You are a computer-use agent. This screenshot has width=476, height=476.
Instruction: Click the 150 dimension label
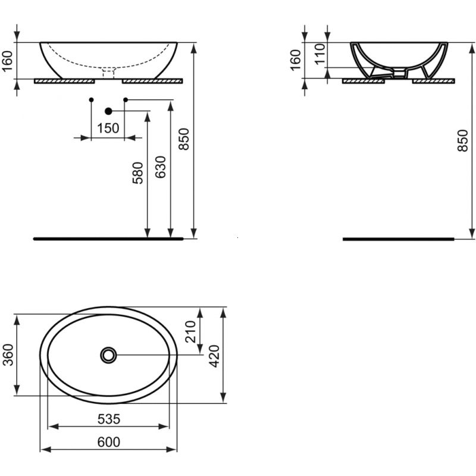point(108,128)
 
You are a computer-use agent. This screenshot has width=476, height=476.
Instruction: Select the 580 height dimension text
point(138,173)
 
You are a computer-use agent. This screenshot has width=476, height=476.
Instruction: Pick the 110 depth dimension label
point(319,54)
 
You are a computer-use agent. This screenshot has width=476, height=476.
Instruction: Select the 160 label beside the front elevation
point(8,59)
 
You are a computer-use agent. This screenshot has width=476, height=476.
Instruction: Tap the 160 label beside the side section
point(295,59)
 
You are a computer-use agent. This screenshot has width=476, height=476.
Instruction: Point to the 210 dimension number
point(192,331)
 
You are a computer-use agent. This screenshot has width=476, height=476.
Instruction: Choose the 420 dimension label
point(215,355)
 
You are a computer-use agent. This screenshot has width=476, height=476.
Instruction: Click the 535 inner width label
point(108,419)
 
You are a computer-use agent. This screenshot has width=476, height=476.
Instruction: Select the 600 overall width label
point(108,441)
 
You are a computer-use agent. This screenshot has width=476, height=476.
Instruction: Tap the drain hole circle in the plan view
point(108,355)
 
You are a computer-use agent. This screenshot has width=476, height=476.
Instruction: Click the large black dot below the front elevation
point(108,111)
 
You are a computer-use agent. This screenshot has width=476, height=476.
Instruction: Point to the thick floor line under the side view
point(399,239)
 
